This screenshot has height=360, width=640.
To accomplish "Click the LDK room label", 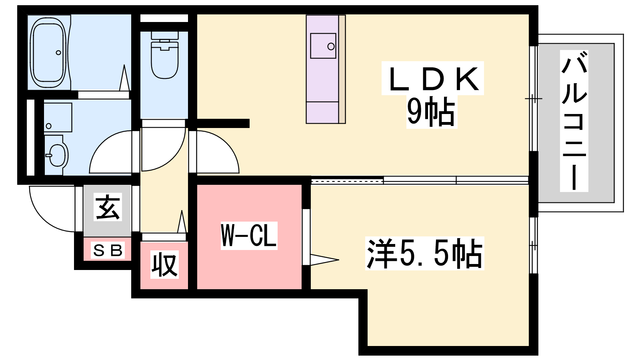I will pos(433,78).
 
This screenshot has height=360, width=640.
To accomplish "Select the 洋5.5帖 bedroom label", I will pos(424,254).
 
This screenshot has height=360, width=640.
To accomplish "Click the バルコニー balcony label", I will pos(574,121).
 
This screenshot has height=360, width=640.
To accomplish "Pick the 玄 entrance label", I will pos(108,207).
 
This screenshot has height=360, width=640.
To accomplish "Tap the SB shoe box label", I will pos(108,250).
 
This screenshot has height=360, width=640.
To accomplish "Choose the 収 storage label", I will pos(164,264).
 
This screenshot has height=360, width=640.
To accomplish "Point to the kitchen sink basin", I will pos(323,46).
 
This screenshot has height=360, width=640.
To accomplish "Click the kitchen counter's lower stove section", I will pos(322,112).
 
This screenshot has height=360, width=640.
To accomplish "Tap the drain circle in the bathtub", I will pos(58,52).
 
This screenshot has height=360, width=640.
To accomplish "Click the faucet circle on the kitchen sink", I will pos(331,46).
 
